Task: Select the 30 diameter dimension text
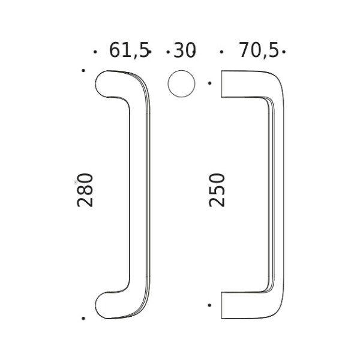pyautogui.click(x=185, y=51)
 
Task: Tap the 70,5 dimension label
pyautogui.click(x=259, y=51)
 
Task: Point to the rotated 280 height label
pyautogui.click(x=86, y=190)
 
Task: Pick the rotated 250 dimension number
pyautogui.click(x=217, y=190)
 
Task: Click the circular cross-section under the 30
pyautogui.click(x=181, y=83)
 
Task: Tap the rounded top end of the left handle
pyautogui.click(x=106, y=83)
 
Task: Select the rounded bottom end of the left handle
pyautogui.click(x=106, y=304)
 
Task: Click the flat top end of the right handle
pyautogui.click(x=223, y=84)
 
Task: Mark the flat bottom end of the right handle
pyautogui.click(x=223, y=305)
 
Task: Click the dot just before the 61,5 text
pyautogui.click(x=95, y=52)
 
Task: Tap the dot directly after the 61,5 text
pyautogui.click(x=150, y=52)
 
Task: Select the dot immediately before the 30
pyautogui.click(x=167, y=52)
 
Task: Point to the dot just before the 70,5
pyautogui.click(x=221, y=52)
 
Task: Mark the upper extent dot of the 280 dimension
pyautogui.click(x=83, y=70)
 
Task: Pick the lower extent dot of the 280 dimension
pyautogui.click(x=83, y=318)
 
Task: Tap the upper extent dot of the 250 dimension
pyautogui.click(x=209, y=83)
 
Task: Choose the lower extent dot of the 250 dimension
pyautogui.click(x=209, y=305)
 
